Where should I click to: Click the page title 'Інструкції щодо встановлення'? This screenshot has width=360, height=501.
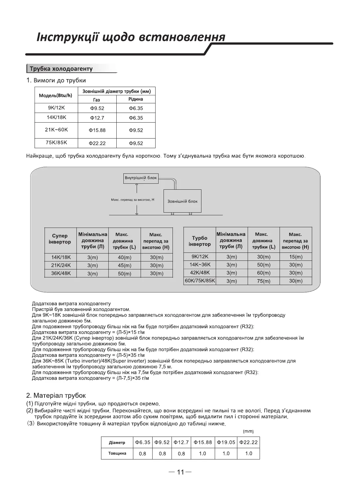coord(131,37)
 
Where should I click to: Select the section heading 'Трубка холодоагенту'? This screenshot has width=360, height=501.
coord(61,69)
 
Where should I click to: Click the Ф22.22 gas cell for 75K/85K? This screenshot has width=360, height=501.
coord(97,143)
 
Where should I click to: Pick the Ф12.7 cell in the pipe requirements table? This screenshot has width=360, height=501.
coord(97,118)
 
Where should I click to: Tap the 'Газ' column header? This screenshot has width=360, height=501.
coord(97,100)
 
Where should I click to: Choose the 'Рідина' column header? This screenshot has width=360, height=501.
coord(136,99)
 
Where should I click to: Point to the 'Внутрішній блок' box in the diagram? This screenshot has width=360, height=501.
coord(141,178)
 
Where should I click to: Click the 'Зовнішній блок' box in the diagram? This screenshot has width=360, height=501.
coord(182,201)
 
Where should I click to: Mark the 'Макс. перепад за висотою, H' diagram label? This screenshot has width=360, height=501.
coord(132,200)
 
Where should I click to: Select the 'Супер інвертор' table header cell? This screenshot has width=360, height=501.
coord(60,239)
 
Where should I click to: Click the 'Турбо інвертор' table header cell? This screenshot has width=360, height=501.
coord(199,241)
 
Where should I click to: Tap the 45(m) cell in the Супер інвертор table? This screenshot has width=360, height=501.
coord(125,265)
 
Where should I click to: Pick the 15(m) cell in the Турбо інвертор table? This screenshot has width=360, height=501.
coord(296,257)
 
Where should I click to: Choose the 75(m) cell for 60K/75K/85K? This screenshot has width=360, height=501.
coord(264,281)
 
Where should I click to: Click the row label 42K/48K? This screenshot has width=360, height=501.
coord(200,273)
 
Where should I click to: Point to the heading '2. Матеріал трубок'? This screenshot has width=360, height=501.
coord(56,396)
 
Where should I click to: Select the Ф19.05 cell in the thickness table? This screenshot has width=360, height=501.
coord(226,443)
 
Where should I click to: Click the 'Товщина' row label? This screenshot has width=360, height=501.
coord(117,453)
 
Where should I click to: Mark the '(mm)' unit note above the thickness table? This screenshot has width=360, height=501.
coord(248,431)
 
